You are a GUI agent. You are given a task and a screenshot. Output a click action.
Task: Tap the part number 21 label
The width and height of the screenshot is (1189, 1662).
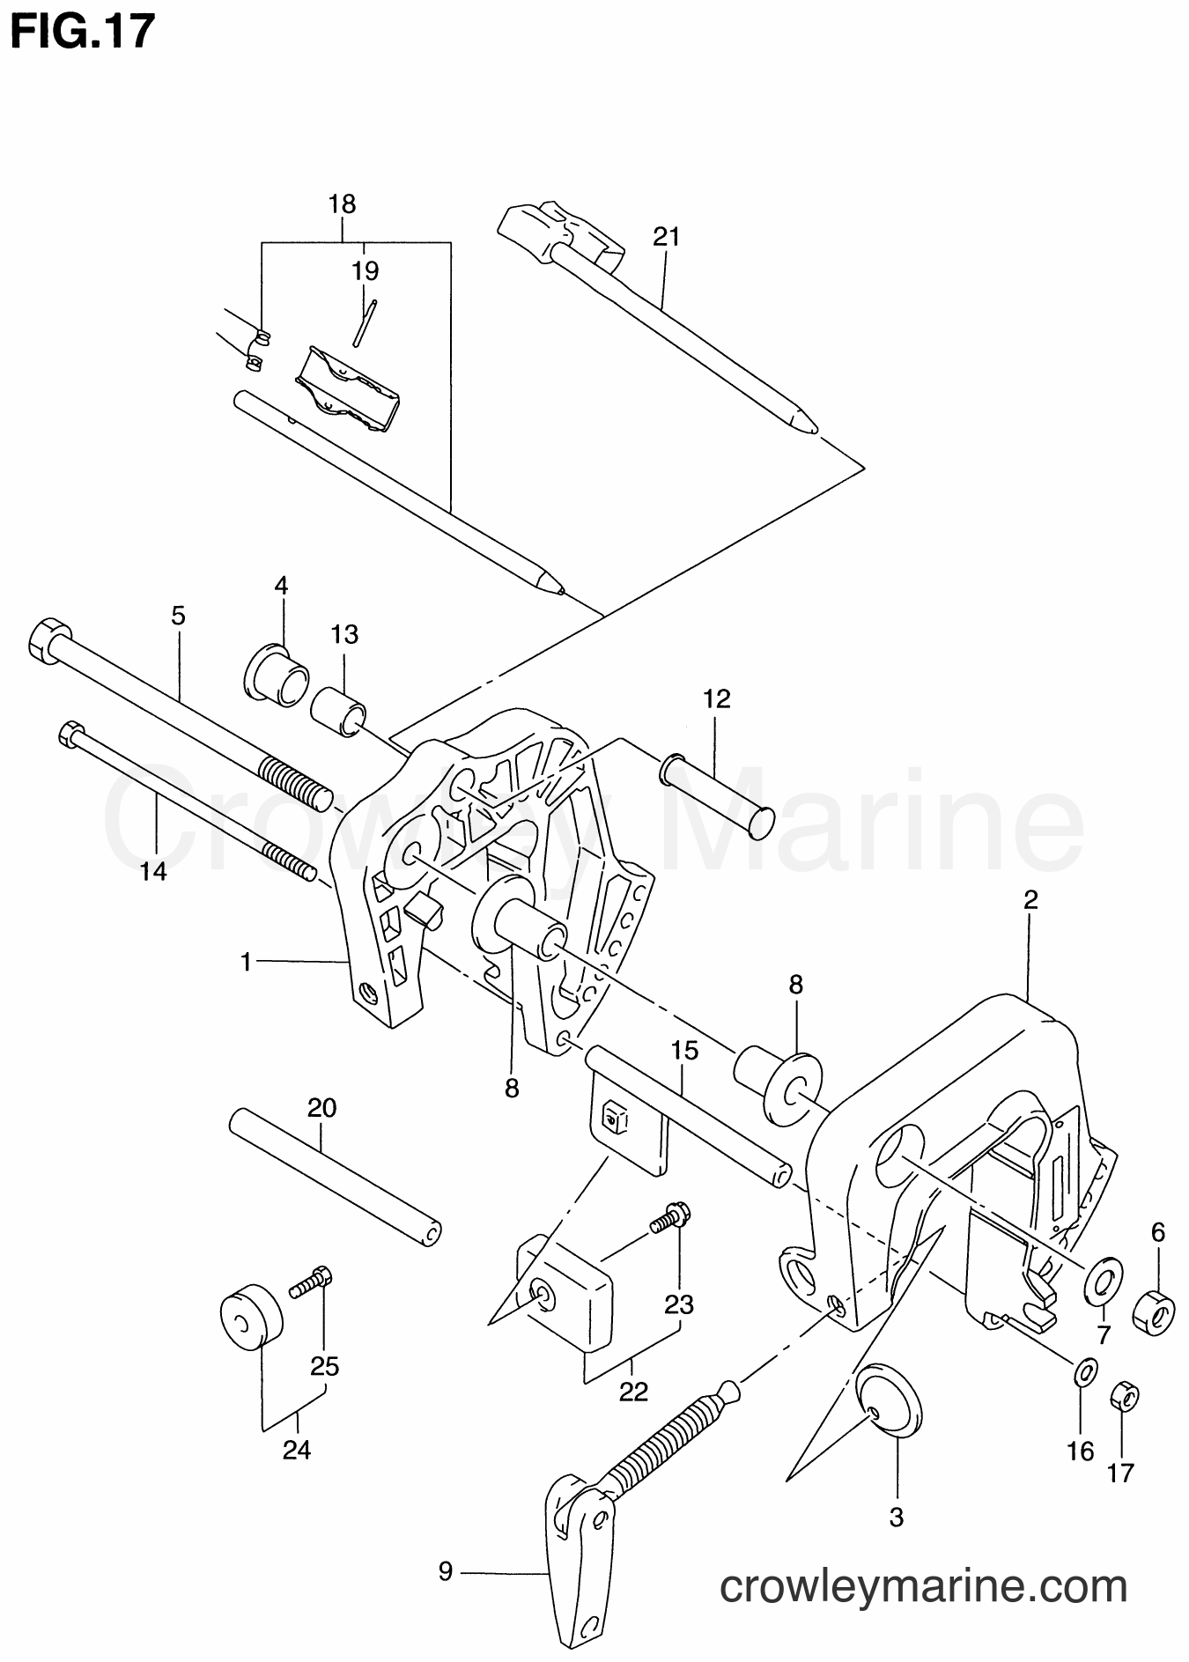667,236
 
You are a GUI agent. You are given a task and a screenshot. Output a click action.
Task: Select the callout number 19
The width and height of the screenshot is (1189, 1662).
365,271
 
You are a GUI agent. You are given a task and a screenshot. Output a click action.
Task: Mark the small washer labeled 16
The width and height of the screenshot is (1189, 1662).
1084,1370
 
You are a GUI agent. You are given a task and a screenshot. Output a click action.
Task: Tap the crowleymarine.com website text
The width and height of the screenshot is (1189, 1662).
922,1588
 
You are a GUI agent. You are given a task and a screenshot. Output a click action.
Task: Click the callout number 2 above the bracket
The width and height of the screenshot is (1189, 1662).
1030,899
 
